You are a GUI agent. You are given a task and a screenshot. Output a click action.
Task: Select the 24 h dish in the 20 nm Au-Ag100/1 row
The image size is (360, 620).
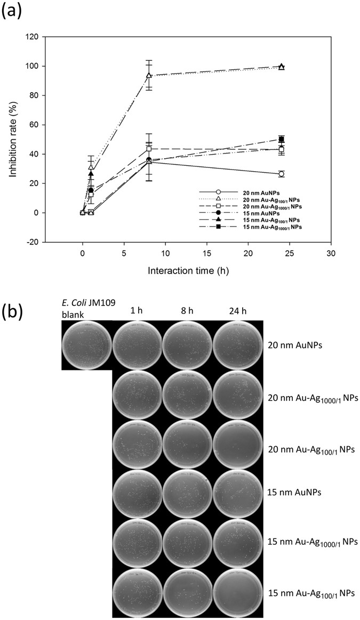[x=238, y=447]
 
